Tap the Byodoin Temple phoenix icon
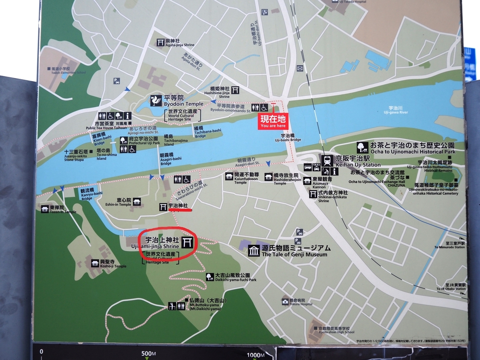coord(156,100)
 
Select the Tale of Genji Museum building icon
coord(254,251)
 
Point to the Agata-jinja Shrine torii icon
coord(160,42)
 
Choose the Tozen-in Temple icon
coord(44,209)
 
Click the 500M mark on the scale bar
coord(148,354)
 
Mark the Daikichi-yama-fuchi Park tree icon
coord(210,276)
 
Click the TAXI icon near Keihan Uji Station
coord(316,165)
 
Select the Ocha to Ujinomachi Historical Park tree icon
coord(363,147)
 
